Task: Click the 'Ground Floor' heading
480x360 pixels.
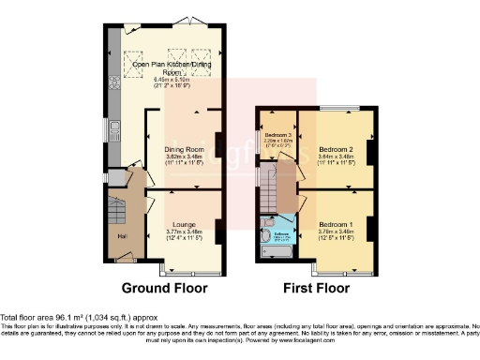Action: tap(165, 287)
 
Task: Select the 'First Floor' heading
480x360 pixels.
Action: tap(313, 287)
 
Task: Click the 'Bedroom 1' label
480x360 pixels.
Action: tap(335, 226)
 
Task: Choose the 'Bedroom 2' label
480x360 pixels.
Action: tap(335, 149)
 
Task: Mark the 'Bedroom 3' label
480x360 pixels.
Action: tap(277, 135)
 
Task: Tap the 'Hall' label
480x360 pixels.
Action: tap(121, 235)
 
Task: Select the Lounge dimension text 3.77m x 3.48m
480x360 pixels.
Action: tap(184, 231)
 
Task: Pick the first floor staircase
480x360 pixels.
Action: tap(271, 194)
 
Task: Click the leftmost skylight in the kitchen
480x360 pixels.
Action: tap(133, 55)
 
